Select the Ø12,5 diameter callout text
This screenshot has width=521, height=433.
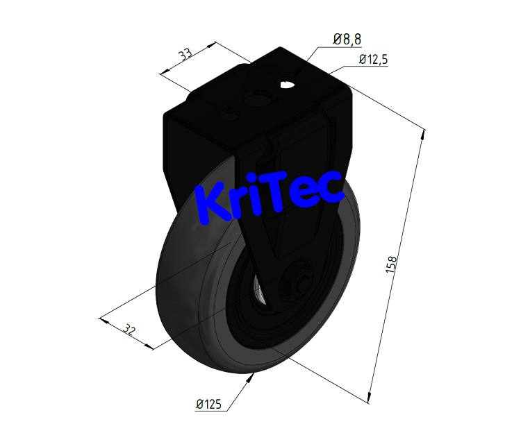[373, 60]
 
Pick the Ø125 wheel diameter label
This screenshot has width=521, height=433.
[209, 404]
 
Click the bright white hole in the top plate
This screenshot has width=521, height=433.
[286, 85]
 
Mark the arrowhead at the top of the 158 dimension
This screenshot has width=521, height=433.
[422, 136]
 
